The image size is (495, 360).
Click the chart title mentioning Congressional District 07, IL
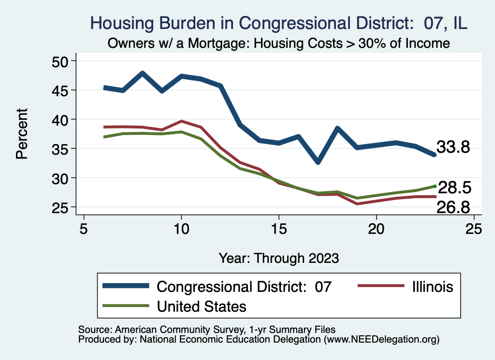(279, 23)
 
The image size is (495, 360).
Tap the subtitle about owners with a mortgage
(279, 43)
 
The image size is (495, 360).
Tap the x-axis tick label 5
(84, 229)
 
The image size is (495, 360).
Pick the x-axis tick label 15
(278, 229)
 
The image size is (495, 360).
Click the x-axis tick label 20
(376, 229)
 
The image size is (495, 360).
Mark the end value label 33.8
(453, 147)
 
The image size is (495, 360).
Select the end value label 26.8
(453, 207)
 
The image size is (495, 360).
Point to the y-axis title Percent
(21, 134)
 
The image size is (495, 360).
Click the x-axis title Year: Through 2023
(278, 258)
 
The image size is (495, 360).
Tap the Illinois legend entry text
(433, 287)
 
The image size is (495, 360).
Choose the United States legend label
(201, 306)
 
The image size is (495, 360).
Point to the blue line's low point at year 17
(318, 162)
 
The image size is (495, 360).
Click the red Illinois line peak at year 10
(181, 121)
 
